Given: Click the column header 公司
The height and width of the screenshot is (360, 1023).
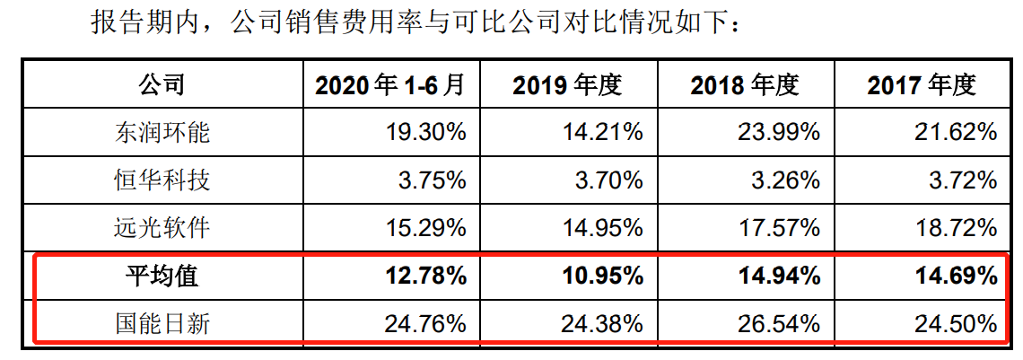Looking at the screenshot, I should tap(162, 85).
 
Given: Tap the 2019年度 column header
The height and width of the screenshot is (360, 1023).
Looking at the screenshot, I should tap(567, 85).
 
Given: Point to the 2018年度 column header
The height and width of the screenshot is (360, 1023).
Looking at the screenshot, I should tap(744, 85).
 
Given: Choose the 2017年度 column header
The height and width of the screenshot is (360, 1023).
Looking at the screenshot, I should tap(921, 85).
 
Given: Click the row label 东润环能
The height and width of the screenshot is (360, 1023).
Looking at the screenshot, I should tap(162, 133).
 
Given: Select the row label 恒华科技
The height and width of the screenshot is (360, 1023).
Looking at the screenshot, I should tap(162, 180).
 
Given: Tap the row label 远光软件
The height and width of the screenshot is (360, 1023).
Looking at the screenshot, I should tap(162, 228).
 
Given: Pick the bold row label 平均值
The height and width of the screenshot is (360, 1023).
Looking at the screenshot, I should tap(162, 276).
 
